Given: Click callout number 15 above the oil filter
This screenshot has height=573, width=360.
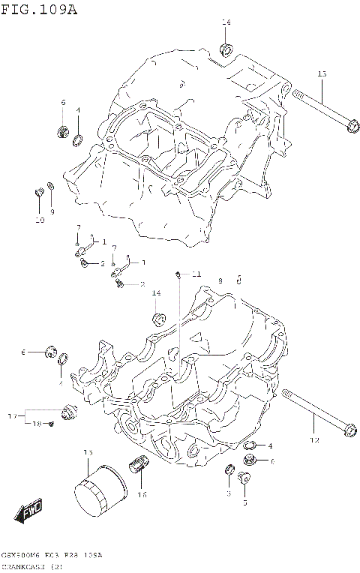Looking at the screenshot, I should (x=88, y=453).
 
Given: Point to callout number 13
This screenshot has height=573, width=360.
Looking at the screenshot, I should (x=322, y=73).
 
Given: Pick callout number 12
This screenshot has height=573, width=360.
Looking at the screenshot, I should (x=315, y=439).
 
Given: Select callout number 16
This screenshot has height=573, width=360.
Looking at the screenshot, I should (x=142, y=494).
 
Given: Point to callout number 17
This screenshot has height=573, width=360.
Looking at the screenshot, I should (x=13, y=415).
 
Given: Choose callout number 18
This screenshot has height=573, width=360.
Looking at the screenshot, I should (x=35, y=424).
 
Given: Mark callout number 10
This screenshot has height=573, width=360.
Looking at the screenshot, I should (x=40, y=220).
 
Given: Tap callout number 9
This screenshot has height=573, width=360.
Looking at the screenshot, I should (x=52, y=212).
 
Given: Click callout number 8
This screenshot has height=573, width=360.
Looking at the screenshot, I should (x=220, y=280).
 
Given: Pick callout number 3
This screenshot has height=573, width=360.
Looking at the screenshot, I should (x=228, y=494).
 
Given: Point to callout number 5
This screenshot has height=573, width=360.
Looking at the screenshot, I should (x=244, y=503).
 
